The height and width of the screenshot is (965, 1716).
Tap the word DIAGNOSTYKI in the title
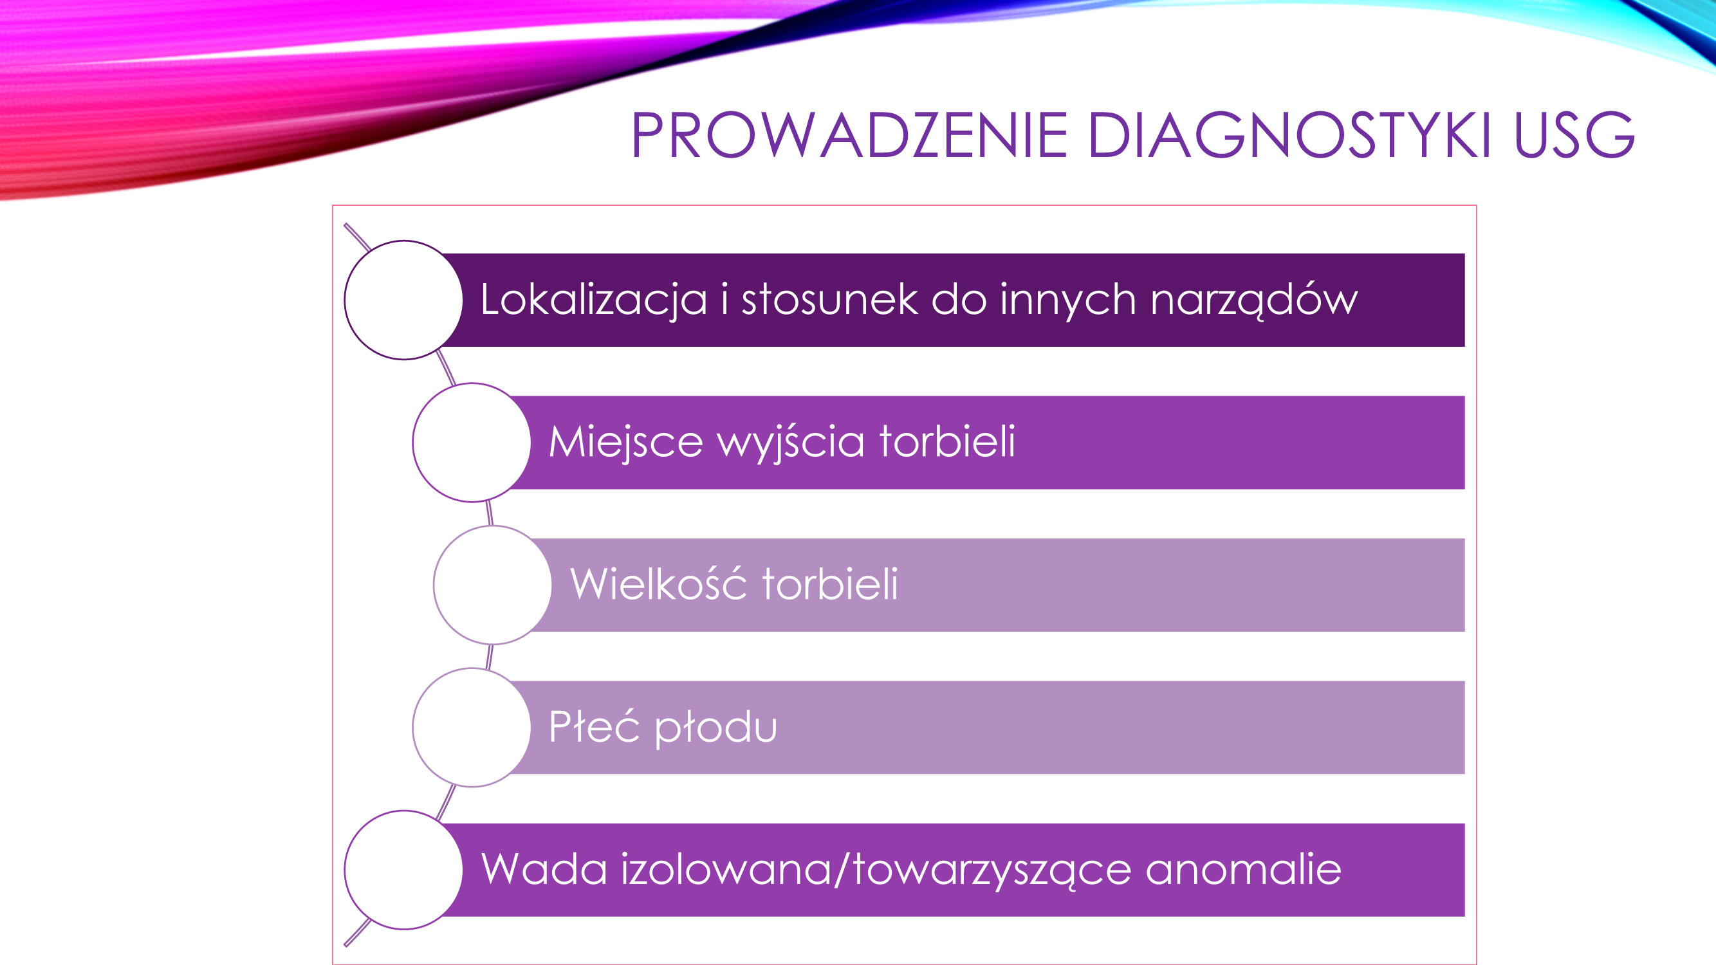pos(1289,135)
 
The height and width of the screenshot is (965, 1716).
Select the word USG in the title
pos(1574,135)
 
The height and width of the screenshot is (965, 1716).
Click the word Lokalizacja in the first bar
pos(593,300)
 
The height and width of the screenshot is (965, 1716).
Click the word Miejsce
pos(625,442)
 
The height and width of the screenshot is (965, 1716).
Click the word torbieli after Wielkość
pos(830,584)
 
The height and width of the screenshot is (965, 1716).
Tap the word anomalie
pos(1243,869)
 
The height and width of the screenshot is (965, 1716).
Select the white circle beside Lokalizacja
pos(403,300)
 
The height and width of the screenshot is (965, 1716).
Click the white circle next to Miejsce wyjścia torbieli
pos(472,442)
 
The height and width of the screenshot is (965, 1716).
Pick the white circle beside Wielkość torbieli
pos(493,585)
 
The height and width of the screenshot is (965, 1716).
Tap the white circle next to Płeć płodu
pos(472,727)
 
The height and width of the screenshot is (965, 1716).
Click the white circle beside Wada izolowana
pos(403,870)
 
